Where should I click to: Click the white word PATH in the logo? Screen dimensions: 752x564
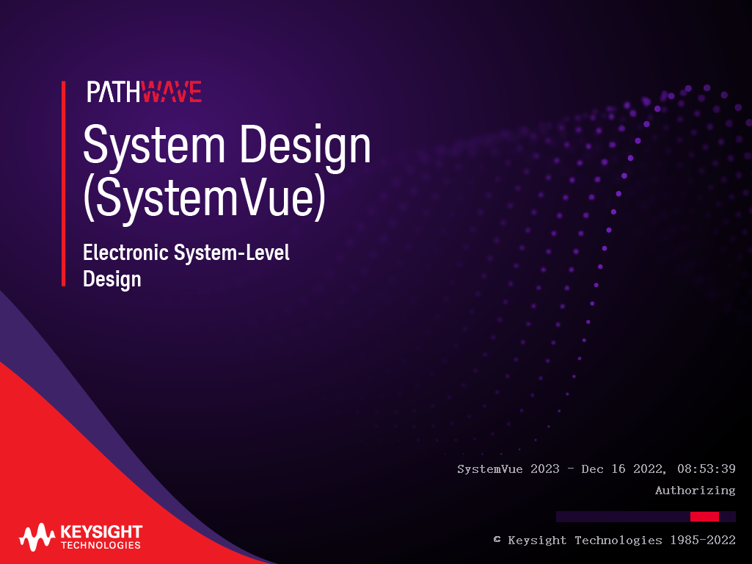[114, 92]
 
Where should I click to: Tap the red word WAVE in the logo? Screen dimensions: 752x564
[172, 92]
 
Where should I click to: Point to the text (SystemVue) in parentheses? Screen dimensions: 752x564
[205, 198]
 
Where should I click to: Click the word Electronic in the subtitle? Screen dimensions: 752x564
[125, 253]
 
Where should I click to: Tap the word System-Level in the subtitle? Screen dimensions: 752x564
[232, 253]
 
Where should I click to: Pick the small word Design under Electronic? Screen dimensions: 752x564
[112, 279]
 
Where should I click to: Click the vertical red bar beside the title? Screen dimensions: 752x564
[63, 184]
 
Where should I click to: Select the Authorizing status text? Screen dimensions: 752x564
[695, 490]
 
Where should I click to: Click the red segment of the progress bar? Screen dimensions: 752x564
[704, 516]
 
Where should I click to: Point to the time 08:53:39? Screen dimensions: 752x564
[707, 469]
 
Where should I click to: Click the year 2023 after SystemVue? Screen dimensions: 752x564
[545, 469]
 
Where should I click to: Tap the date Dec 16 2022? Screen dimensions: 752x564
[624, 469]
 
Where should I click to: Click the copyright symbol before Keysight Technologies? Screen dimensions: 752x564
[497, 540]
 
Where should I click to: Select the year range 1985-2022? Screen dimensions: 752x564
[703, 540]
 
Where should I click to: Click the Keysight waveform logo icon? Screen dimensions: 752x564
[37, 537]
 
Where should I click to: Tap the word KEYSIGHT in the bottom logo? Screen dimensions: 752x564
[101, 532]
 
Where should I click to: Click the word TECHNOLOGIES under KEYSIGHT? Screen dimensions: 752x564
[101, 546]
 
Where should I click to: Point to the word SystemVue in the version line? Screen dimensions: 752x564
[489, 469]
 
